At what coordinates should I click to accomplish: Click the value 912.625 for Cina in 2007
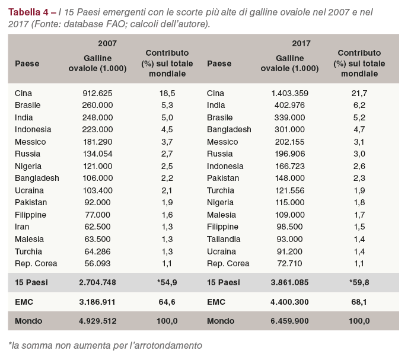click(97, 93)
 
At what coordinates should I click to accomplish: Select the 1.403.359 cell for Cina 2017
click(290, 93)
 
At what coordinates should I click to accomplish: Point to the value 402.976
click(290, 105)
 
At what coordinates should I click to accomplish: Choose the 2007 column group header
click(107, 43)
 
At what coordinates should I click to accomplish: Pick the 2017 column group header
click(301, 43)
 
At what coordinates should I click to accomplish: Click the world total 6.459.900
click(289, 321)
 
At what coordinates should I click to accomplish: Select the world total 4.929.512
click(97, 321)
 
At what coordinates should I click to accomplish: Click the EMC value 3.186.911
click(97, 302)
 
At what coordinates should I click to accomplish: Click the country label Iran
click(22, 227)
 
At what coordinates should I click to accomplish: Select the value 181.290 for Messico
click(97, 142)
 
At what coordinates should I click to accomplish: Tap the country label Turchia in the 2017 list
click(221, 190)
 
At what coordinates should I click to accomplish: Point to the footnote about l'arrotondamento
click(105, 345)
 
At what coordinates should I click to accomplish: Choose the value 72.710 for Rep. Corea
click(290, 263)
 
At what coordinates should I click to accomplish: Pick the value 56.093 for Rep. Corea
click(97, 263)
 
